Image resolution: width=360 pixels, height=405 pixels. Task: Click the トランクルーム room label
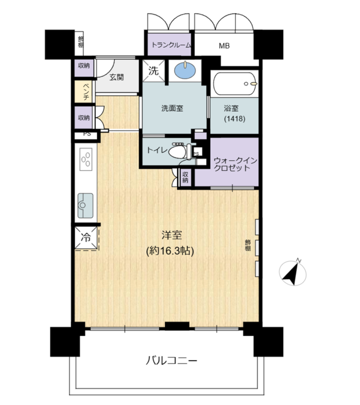(x=171, y=45)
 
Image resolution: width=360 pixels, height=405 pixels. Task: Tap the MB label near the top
(x=224, y=46)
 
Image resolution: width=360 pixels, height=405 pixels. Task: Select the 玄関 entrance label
(x=116, y=77)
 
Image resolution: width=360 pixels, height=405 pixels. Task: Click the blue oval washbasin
(x=185, y=70)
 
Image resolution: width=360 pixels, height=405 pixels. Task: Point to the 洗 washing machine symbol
(x=153, y=70)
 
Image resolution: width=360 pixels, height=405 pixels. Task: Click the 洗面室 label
(x=172, y=108)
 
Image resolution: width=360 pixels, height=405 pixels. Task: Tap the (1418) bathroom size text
(x=234, y=119)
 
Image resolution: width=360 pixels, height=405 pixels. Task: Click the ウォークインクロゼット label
(x=235, y=164)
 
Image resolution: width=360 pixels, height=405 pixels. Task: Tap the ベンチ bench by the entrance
(x=83, y=92)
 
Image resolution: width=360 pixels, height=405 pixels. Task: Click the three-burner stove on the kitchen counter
(x=86, y=159)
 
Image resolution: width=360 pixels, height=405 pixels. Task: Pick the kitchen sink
(x=86, y=206)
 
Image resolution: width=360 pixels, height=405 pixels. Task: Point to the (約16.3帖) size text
(x=170, y=251)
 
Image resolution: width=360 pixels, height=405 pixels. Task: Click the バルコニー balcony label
(x=172, y=360)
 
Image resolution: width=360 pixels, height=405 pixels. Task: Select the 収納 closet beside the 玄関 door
(x=84, y=68)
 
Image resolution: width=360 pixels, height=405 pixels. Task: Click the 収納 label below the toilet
(x=185, y=177)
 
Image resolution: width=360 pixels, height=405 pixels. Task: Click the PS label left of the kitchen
(x=87, y=134)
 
